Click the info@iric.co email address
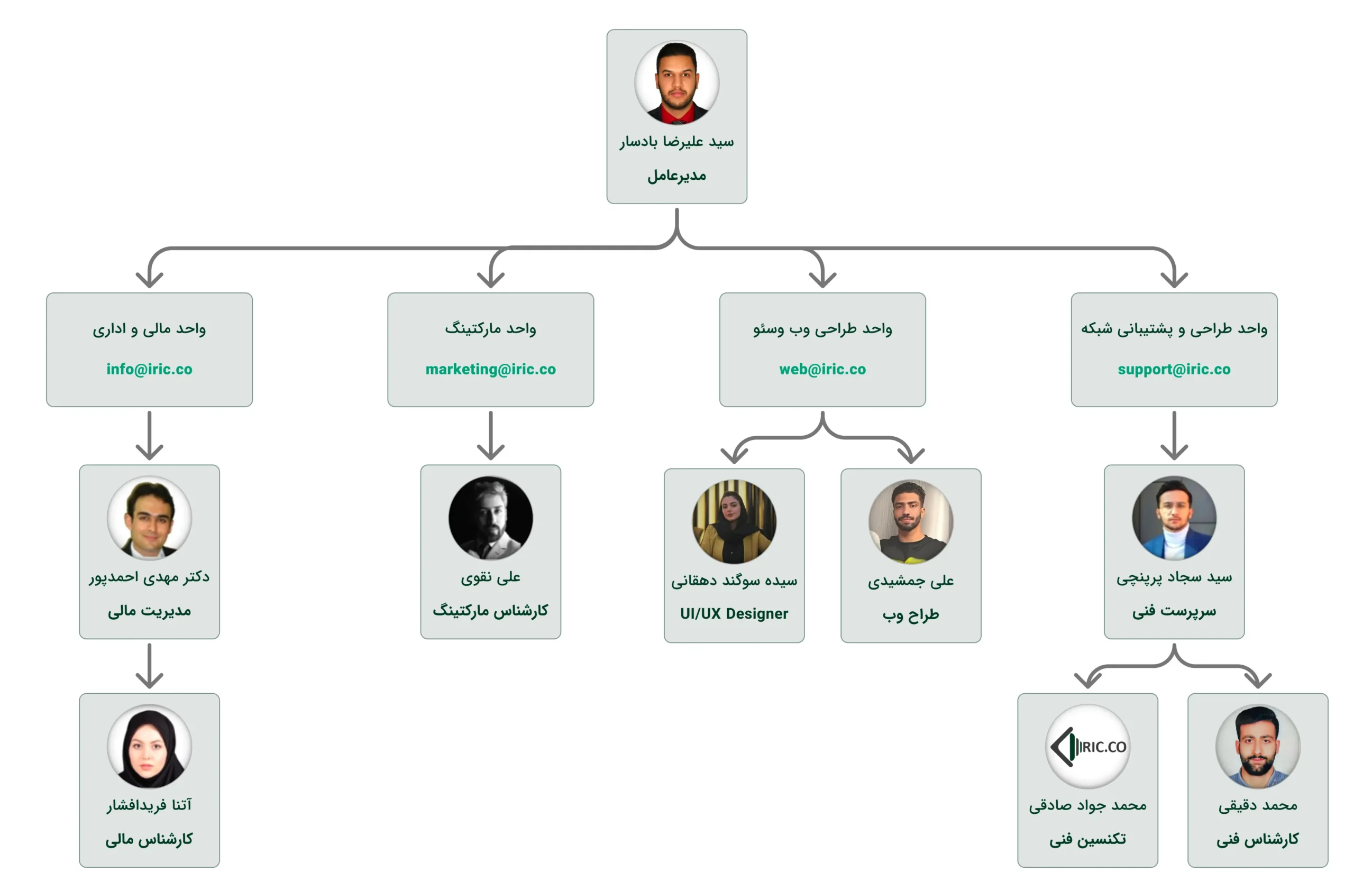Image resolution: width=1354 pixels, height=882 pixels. pos(149,369)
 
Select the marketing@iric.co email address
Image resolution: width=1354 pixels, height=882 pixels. pos(490,369)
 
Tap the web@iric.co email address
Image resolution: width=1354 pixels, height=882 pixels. pos(822,369)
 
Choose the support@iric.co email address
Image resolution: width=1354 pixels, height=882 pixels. pos(1174,369)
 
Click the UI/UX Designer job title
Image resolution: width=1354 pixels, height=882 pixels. pos(734,613)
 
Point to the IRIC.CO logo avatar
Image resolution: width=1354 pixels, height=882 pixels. pos(1087,746)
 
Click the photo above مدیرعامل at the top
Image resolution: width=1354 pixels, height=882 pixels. pos(676,82)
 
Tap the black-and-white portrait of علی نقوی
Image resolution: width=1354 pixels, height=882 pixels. pos(490,518)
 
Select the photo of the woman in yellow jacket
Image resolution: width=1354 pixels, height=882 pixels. pos(734,521)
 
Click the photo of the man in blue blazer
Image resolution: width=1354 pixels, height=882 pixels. pos(1174,518)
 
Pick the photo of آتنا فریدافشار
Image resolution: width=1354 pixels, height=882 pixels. pos(149,746)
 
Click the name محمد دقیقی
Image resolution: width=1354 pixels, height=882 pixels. pos(1257,805)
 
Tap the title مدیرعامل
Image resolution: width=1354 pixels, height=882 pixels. pos(676,176)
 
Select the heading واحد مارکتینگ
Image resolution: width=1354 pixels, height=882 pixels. pos(490,329)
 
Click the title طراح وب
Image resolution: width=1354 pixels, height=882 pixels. pos(910,615)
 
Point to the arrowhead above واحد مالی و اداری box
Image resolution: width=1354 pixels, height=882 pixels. pos(149,279)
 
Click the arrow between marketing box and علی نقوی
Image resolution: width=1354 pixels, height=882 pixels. pos(490,435)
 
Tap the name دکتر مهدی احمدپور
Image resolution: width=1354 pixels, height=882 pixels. pos(149,577)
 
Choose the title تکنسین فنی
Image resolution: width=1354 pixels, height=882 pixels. pos(1087,839)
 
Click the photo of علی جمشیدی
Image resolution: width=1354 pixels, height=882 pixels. pos(910,521)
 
